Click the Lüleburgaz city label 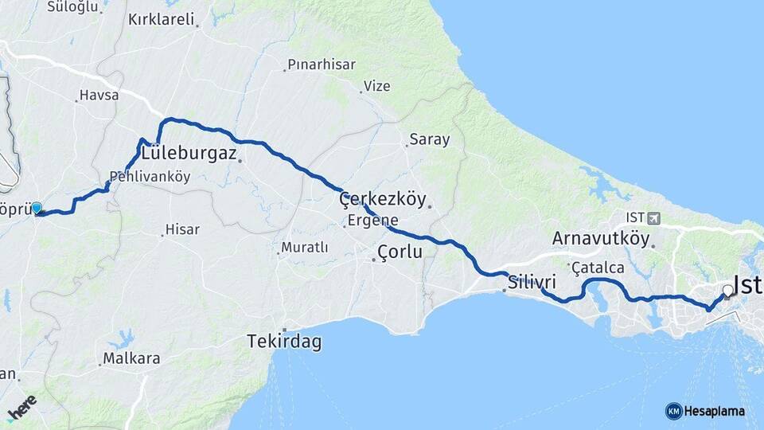tap(189, 153)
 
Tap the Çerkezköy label tap(383, 199)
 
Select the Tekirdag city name tap(284, 342)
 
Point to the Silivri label tap(532, 283)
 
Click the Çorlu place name tap(400, 252)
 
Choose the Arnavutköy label tap(601, 238)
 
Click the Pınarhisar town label tap(322, 64)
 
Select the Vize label tap(377, 86)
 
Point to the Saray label tap(429, 139)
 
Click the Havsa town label tap(99, 96)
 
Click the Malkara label tap(131, 358)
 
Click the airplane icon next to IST tap(654, 217)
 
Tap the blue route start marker tap(36, 209)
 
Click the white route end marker tap(727, 291)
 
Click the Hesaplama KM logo tap(705, 411)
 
